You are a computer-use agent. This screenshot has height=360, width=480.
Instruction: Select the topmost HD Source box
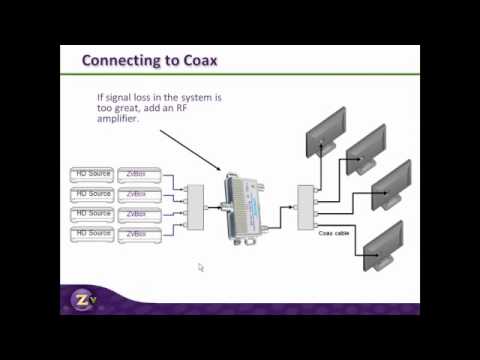pyautogui.click(x=92, y=174)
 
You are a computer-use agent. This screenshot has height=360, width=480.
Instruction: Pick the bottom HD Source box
pyautogui.click(x=92, y=234)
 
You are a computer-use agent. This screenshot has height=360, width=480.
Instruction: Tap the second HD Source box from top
pyautogui.click(x=92, y=194)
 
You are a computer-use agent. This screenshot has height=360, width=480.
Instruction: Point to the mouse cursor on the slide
pyautogui.click(x=200, y=267)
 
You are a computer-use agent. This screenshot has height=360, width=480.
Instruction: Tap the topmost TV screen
pyautogui.click(x=333, y=127)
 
